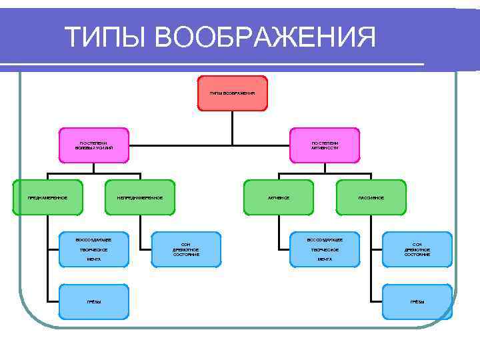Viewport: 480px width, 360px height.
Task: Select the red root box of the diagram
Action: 232,93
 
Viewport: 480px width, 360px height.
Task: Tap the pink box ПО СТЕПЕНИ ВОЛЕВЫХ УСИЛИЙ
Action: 94,145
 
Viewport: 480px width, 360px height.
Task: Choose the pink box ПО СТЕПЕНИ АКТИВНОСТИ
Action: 325,145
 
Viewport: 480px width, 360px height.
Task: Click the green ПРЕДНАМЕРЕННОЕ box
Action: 48,197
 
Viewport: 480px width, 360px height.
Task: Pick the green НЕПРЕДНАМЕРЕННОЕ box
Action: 140,197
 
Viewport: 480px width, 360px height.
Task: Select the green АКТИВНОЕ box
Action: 278,197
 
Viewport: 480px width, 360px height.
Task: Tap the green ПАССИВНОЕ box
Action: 371,197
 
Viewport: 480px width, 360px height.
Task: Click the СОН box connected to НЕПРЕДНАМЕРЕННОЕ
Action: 186,249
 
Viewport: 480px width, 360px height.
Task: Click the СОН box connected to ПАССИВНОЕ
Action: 417,249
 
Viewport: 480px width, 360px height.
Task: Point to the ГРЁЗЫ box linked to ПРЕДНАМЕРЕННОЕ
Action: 94,301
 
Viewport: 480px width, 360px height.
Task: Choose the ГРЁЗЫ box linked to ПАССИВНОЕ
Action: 417,301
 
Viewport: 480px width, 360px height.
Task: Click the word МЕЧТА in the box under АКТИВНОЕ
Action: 325,259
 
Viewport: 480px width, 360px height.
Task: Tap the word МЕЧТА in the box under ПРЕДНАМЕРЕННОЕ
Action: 94,259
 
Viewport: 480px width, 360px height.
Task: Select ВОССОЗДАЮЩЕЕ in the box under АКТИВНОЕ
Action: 325,239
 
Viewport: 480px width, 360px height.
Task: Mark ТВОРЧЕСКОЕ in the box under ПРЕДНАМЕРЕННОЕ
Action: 94,249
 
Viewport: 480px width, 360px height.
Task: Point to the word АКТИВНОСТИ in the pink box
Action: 325,147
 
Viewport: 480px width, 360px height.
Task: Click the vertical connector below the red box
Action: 232,127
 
